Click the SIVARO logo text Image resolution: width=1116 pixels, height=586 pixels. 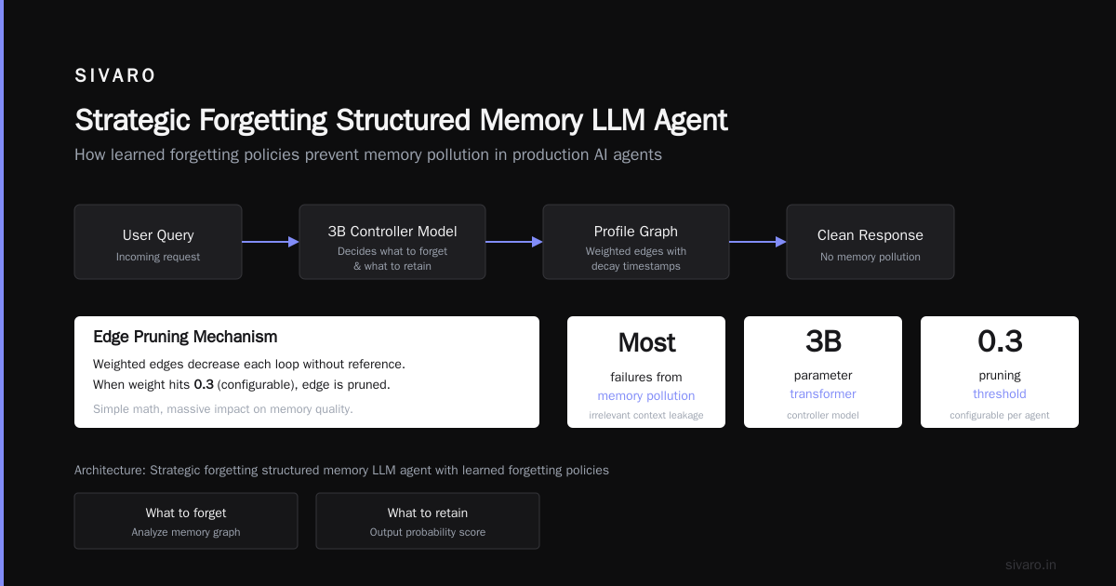114,75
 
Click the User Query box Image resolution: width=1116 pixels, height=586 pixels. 158,242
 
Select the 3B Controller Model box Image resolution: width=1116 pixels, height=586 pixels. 392,242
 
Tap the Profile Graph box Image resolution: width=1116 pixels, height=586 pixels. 636,242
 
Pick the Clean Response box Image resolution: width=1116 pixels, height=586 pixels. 870,242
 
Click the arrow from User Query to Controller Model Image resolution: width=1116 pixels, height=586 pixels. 271,242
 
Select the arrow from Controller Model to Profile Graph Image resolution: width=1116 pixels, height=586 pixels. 514,242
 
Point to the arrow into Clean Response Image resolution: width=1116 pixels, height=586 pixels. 758,242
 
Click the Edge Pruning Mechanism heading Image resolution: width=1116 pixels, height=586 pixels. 185,337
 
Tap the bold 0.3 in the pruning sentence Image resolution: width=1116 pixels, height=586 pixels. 204,385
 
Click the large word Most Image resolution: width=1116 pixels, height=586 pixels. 646,343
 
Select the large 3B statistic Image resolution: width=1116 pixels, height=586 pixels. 823,341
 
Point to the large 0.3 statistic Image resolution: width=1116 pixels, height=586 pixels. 1000,341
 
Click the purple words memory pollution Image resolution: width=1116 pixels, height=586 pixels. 646,395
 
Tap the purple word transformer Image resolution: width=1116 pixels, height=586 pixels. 823,393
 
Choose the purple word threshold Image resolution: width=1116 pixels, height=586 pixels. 1000,393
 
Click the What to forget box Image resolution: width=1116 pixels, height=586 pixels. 186,521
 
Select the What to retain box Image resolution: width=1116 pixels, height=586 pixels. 428,521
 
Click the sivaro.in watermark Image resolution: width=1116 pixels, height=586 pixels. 1030,565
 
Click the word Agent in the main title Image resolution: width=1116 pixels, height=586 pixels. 690,121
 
